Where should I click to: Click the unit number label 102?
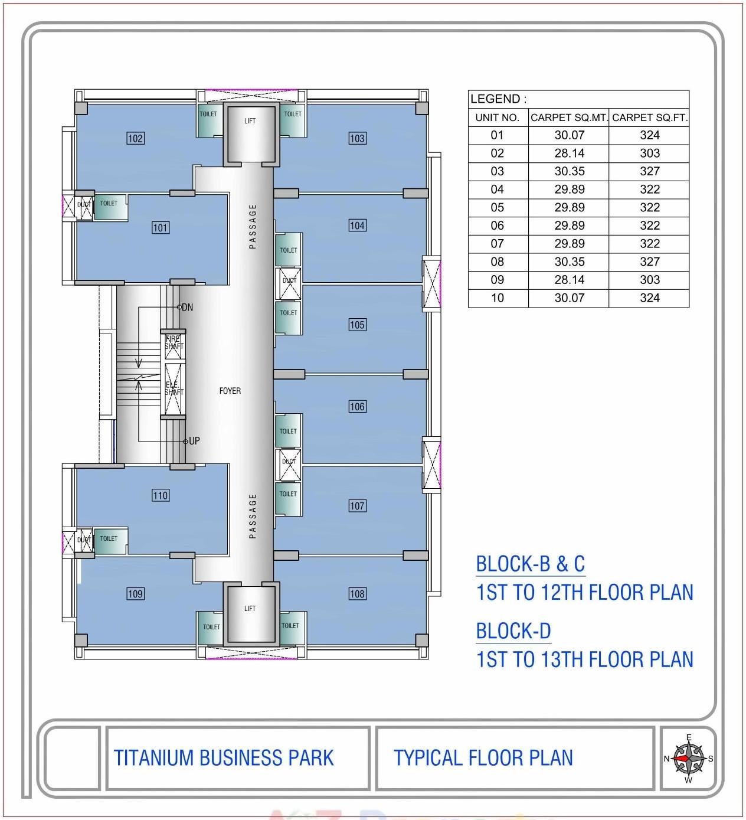click(x=135, y=139)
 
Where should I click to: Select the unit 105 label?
click(x=357, y=325)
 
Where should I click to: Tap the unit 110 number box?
click(x=160, y=495)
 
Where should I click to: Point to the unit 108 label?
click(x=357, y=594)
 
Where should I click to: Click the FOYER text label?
click(x=230, y=391)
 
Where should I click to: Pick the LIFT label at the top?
click(x=250, y=121)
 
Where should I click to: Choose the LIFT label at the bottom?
click(x=250, y=609)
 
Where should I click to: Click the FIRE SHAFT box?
click(x=174, y=344)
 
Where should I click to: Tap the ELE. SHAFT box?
click(x=174, y=388)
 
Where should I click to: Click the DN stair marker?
click(x=186, y=308)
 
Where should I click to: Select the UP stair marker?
click(x=192, y=441)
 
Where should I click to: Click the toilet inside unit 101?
click(x=109, y=205)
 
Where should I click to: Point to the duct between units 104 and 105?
click(x=289, y=280)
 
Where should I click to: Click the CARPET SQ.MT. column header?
click(x=568, y=117)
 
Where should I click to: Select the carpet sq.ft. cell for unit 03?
click(x=649, y=171)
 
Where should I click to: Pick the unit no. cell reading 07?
click(x=497, y=244)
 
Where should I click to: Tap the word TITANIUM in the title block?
click(x=154, y=758)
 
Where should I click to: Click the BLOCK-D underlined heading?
click(x=513, y=631)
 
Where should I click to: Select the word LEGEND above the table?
click(x=495, y=99)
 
